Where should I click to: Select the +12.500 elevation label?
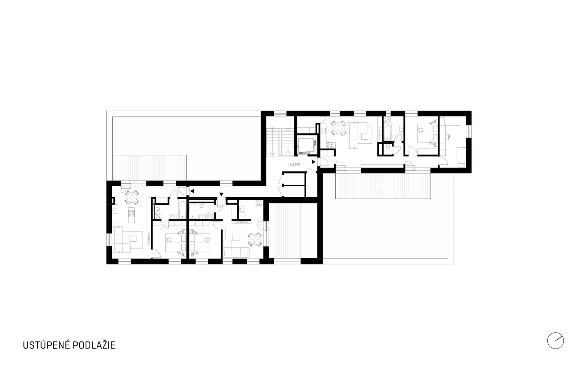tap(295, 164)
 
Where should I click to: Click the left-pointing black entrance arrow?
tap(192, 191)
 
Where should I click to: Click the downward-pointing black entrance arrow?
tap(221, 194)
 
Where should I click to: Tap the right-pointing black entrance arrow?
tap(314, 162)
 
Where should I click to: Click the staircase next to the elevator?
tap(280, 141)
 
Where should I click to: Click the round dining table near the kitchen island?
tap(132, 197)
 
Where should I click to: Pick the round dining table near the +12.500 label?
tap(338, 129)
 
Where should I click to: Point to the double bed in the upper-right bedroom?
tap(425, 134)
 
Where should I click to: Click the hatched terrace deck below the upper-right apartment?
tap(383, 186)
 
